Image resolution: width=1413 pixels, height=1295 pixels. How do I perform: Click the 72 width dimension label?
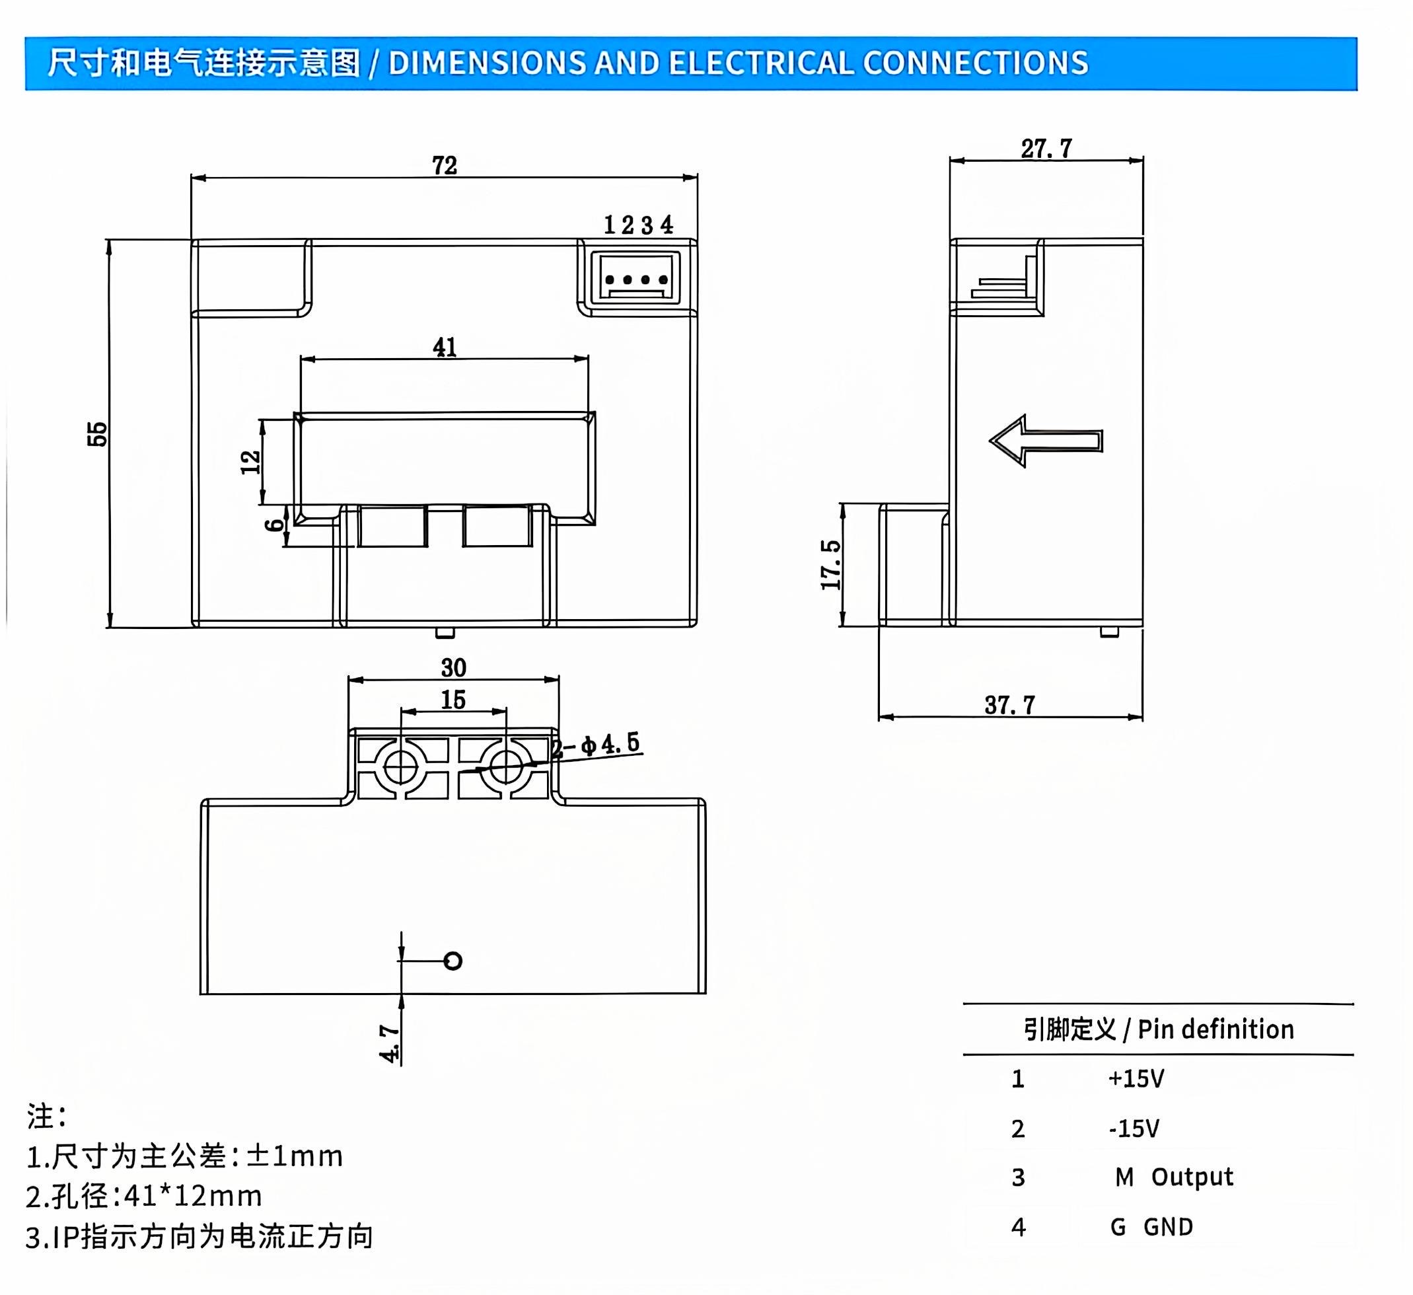(445, 165)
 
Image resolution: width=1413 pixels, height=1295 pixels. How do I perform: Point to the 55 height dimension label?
(97, 434)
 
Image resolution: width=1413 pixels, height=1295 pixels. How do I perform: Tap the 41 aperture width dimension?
(445, 347)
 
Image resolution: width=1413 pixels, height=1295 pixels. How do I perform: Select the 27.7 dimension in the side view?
(1046, 149)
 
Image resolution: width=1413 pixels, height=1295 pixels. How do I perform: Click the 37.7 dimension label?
(1009, 704)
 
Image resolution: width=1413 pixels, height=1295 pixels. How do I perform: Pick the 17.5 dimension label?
(830, 564)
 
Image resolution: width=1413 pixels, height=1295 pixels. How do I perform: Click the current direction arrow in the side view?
(1046, 440)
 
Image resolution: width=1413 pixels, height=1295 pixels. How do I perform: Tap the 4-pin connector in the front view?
(635, 277)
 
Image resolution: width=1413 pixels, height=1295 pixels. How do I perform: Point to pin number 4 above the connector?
(666, 225)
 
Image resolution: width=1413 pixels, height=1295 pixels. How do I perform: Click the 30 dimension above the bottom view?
(453, 667)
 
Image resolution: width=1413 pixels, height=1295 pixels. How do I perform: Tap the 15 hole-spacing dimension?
(453, 700)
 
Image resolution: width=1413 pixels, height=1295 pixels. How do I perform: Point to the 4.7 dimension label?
(389, 1043)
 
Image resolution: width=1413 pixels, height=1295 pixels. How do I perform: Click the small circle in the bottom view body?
(453, 961)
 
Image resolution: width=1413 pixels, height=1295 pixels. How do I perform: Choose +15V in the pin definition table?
(1136, 1078)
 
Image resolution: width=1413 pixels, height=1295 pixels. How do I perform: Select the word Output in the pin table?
(1192, 1176)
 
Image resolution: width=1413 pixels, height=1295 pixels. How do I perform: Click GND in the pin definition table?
(1168, 1226)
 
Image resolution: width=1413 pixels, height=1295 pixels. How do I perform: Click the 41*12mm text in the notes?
(193, 1195)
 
